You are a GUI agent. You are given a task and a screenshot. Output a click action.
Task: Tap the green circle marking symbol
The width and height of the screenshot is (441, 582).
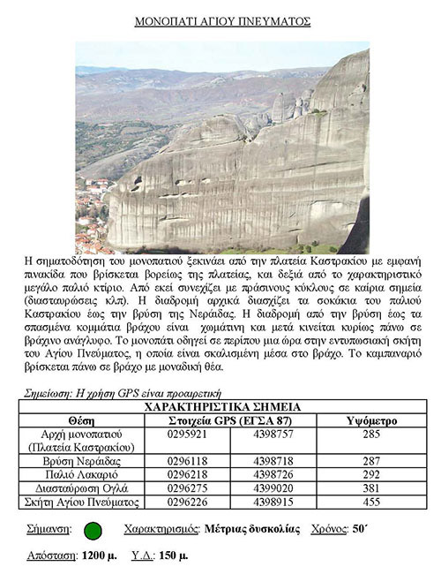coord(93,531)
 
